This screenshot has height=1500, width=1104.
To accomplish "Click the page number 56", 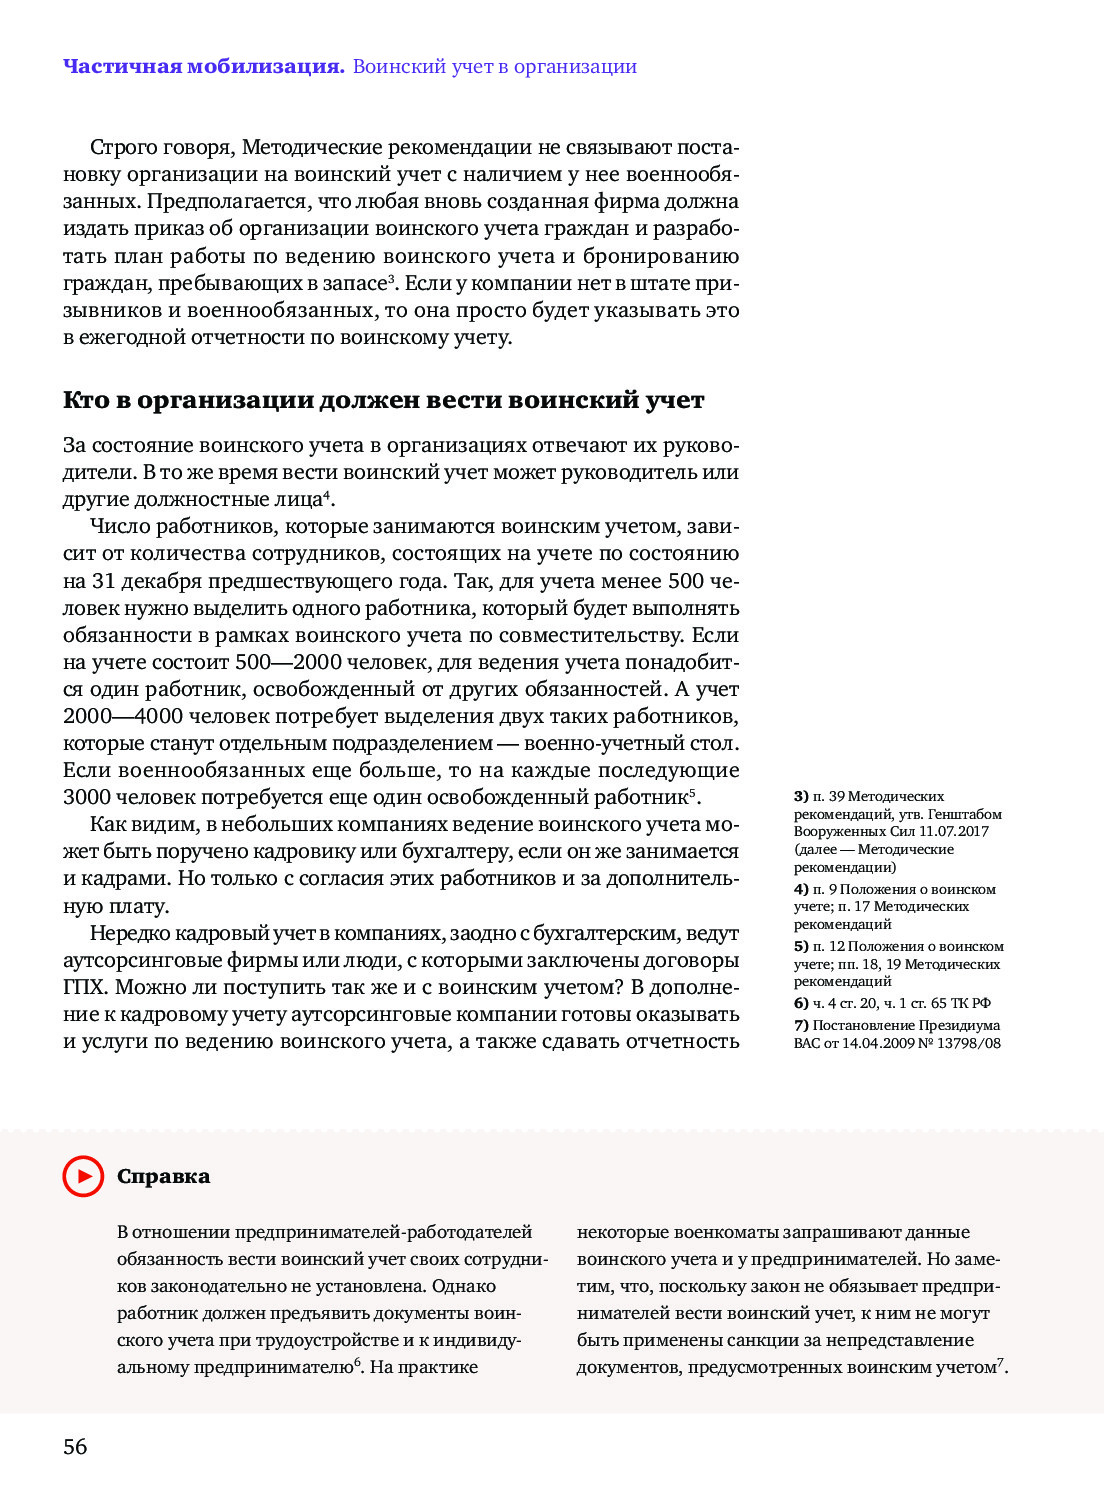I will click(x=75, y=1447).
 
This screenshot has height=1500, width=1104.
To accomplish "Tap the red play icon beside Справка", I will click(x=83, y=1176).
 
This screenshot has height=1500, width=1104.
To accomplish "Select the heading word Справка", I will click(x=163, y=1176).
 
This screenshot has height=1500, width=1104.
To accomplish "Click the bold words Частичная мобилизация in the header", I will click(x=203, y=67).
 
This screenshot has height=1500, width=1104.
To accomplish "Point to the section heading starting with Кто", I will click(x=383, y=400).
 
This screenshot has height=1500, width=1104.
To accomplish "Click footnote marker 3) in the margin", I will click(x=801, y=797).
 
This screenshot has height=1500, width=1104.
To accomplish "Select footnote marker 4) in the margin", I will click(x=801, y=889).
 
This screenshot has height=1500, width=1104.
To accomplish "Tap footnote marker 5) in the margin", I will click(x=801, y=946).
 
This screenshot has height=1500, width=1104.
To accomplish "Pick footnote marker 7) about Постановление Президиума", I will click(x=801, y=1025).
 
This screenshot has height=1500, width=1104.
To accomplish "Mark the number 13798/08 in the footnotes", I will click(x=971, y=1043).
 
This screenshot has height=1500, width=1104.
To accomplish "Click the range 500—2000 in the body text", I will click(x=288, y=662).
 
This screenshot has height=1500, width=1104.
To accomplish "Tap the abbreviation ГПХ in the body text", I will click(x=84, y=987).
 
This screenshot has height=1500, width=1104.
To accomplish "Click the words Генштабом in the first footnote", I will click(x=964, y=814).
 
